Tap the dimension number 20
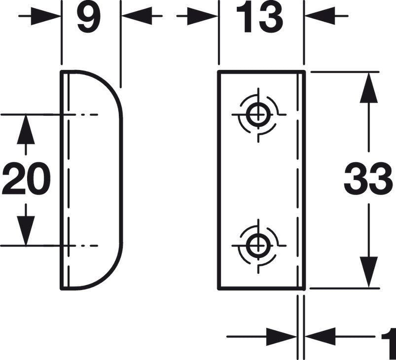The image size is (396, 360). [x=27, y=179]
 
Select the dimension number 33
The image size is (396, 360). [x=368, y=179]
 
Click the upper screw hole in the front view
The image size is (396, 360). [x=258, y=114]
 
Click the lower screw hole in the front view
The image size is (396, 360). [x=258, y=245]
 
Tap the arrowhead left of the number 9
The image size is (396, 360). [x=45, y=16]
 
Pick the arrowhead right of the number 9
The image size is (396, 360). [x=137, y=16]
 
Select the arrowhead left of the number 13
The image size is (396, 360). [x=202, y=16]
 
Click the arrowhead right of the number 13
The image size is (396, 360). [x=320, y=16]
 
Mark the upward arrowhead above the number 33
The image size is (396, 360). [x=369, y=87]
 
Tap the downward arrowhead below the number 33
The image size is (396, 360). [x=369, y=272]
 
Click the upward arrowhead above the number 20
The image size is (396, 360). [x=26, y=129]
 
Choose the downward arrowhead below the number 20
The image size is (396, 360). [x=26, y=231]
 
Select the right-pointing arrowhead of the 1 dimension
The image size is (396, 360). [x=281, y=336]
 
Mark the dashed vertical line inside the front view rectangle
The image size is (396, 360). [x=298, y=180]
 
